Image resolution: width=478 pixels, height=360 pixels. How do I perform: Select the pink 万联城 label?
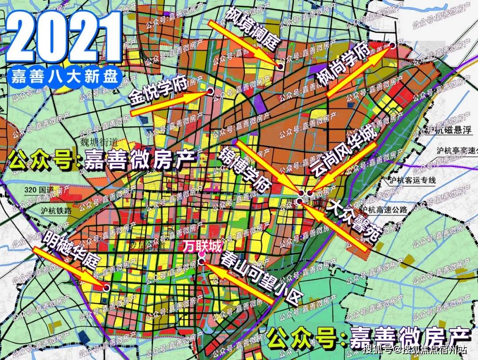[x=203, y=246]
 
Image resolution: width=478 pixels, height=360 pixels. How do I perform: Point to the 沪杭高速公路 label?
[x=385, y=210]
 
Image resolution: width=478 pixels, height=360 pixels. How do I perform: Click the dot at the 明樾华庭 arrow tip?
[x=107, y=287]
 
